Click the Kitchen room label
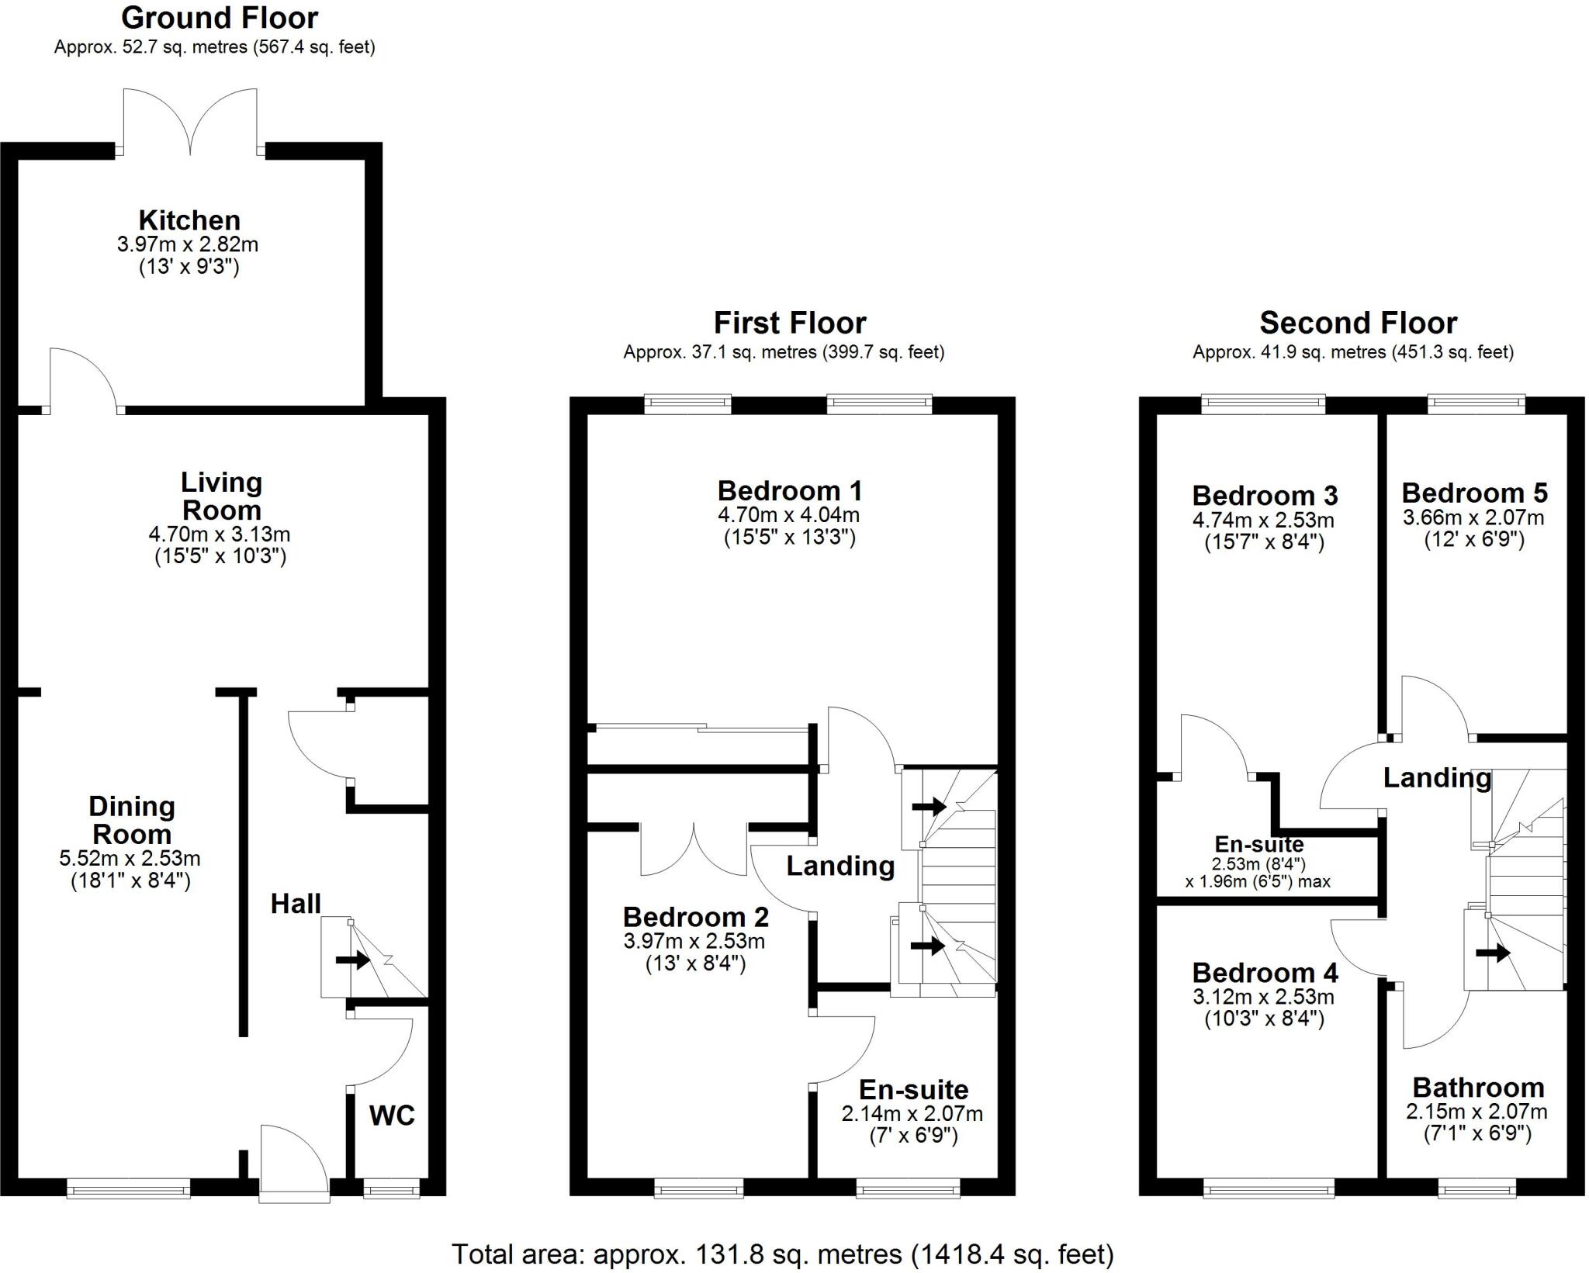coord(189,220)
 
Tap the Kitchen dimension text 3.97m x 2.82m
coord(188,245)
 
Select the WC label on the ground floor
coord(392,1116)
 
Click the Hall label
coord(296,904)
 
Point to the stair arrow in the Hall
coord(353,960)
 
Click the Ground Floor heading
coord(220,18)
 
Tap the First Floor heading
coord(790,323)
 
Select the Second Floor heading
coord(1358,323)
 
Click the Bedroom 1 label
coord(790,491)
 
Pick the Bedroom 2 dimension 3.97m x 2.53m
coord(694,942)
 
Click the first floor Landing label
coord(840,866)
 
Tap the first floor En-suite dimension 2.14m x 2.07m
coord(912,1114)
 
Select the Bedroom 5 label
coord(1474,493)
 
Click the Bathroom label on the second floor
coord(1478,1088)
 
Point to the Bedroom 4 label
coord(1265,973)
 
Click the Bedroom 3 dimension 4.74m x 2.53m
coord(1263,520)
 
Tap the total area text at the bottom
coord(782,1254)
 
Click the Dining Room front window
coord(129,1188)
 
